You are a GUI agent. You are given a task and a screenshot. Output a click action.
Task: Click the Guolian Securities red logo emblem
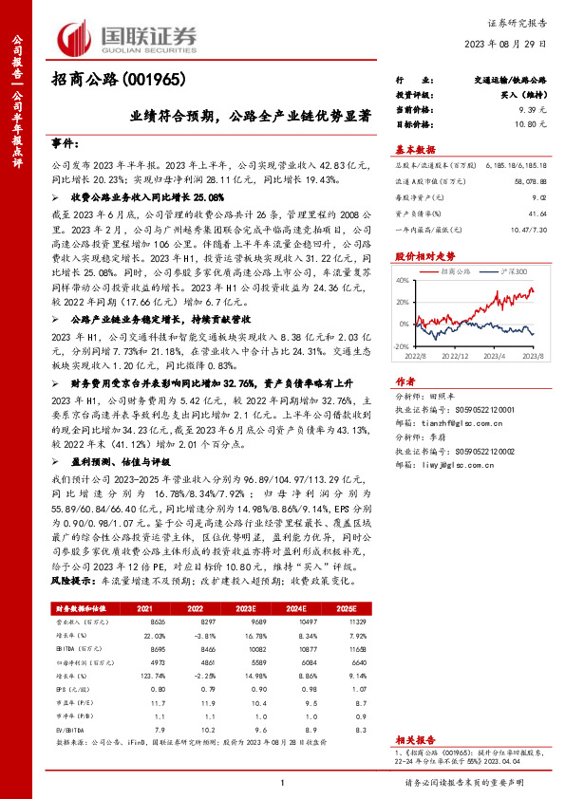tap(75, 37)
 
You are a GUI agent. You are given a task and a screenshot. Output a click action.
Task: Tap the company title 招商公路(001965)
tap(117, 80)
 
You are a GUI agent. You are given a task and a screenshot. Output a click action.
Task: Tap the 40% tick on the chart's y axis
tap(402, 280)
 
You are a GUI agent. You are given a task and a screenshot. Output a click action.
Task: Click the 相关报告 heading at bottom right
tap(415, 738)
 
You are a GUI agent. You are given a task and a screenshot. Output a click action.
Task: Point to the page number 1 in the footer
tap(282, 782)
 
